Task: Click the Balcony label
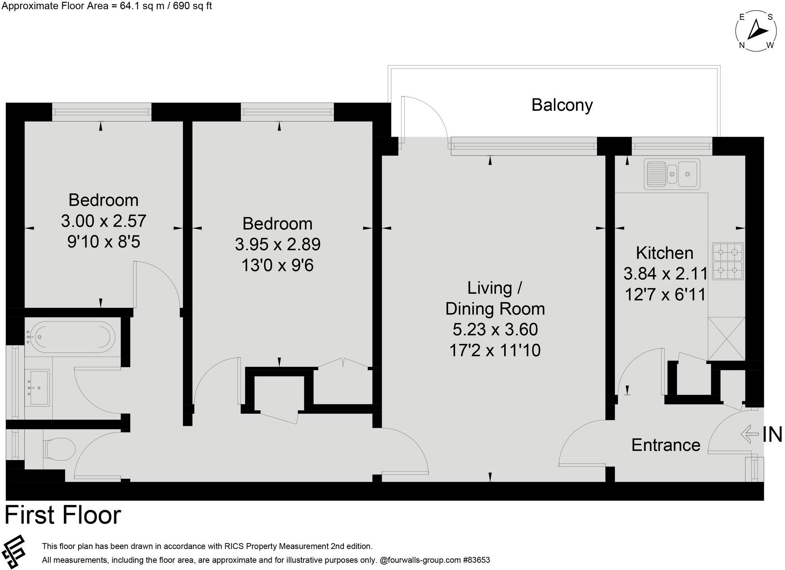tap(562, 105)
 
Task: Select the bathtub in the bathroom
tap(72, 337)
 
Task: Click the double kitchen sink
tap(672, 174)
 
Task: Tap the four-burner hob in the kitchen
tap(727, 261)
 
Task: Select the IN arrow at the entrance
tap(749, 434)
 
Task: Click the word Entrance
tap(665, 445)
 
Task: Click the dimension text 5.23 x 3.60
tap(495, 329)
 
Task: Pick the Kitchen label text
tap(664, 253)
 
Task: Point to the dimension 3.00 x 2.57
tap(104, 221)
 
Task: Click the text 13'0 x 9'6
tap(277, 265)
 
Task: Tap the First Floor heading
tap(63, 515)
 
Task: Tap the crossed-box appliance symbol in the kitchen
tap(726, 339)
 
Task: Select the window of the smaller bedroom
tap(102, 112)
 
